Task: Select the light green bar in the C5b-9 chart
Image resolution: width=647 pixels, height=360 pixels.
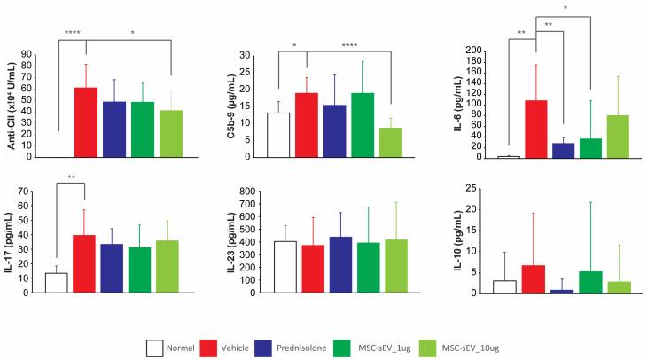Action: coord(391,143)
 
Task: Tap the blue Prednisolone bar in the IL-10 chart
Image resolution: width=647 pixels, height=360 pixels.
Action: coord(562,291)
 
